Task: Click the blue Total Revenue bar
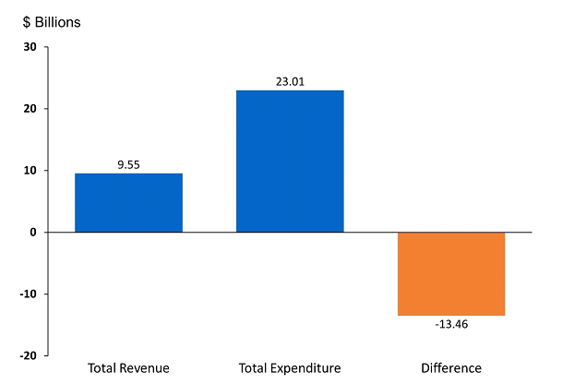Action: [x=128, y=202]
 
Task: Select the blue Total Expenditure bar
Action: [x=290, y=161]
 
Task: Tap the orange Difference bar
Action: [x=451, y=273]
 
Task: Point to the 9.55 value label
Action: [x=128, y=164]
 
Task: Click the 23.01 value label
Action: [x=290, y=81]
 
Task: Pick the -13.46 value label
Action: [x=451, y=324]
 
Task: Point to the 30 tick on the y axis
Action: [x=30, y=47]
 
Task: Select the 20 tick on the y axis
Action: [x=30, y=109]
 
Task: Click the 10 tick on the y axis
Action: [x=30, y=171]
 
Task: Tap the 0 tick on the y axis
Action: [x=32, y=233]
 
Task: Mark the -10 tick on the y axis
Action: [x=28, y=294]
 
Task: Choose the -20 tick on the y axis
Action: [x=28, y=355]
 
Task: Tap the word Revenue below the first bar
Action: [x=144, y=368]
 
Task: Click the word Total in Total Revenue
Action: [x=102, y=368]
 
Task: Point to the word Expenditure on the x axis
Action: [x=305, y=368]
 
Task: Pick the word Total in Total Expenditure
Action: [x=253, y=368]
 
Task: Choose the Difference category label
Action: [x=451, y=368]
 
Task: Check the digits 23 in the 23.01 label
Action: [x=281, y=81]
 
